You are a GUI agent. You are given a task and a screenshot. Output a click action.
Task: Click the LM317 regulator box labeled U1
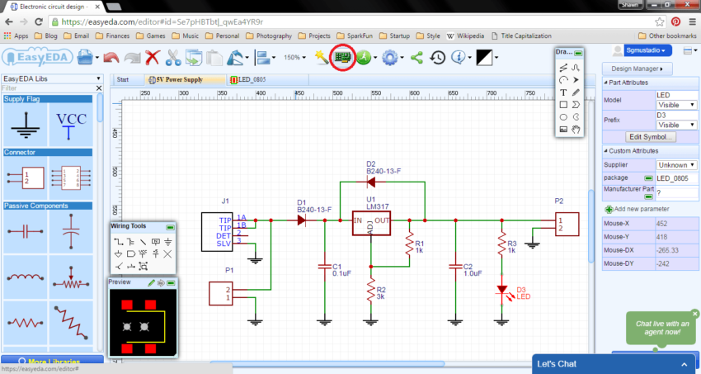click(x=371, y=224)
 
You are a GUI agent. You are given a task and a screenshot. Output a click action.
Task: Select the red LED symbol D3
click(x=501, y=291)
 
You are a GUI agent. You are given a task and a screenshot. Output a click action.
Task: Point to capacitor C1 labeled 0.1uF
click(x=324, y=267)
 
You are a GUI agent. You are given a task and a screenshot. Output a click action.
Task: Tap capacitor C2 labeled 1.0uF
click(x=454, y=267)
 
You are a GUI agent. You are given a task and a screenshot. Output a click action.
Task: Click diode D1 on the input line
click(x=301, y=220)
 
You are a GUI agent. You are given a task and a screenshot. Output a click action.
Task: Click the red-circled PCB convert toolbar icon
click(x=341, y=58)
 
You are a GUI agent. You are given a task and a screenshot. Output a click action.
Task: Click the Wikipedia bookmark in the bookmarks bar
click(x=469, y=36)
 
